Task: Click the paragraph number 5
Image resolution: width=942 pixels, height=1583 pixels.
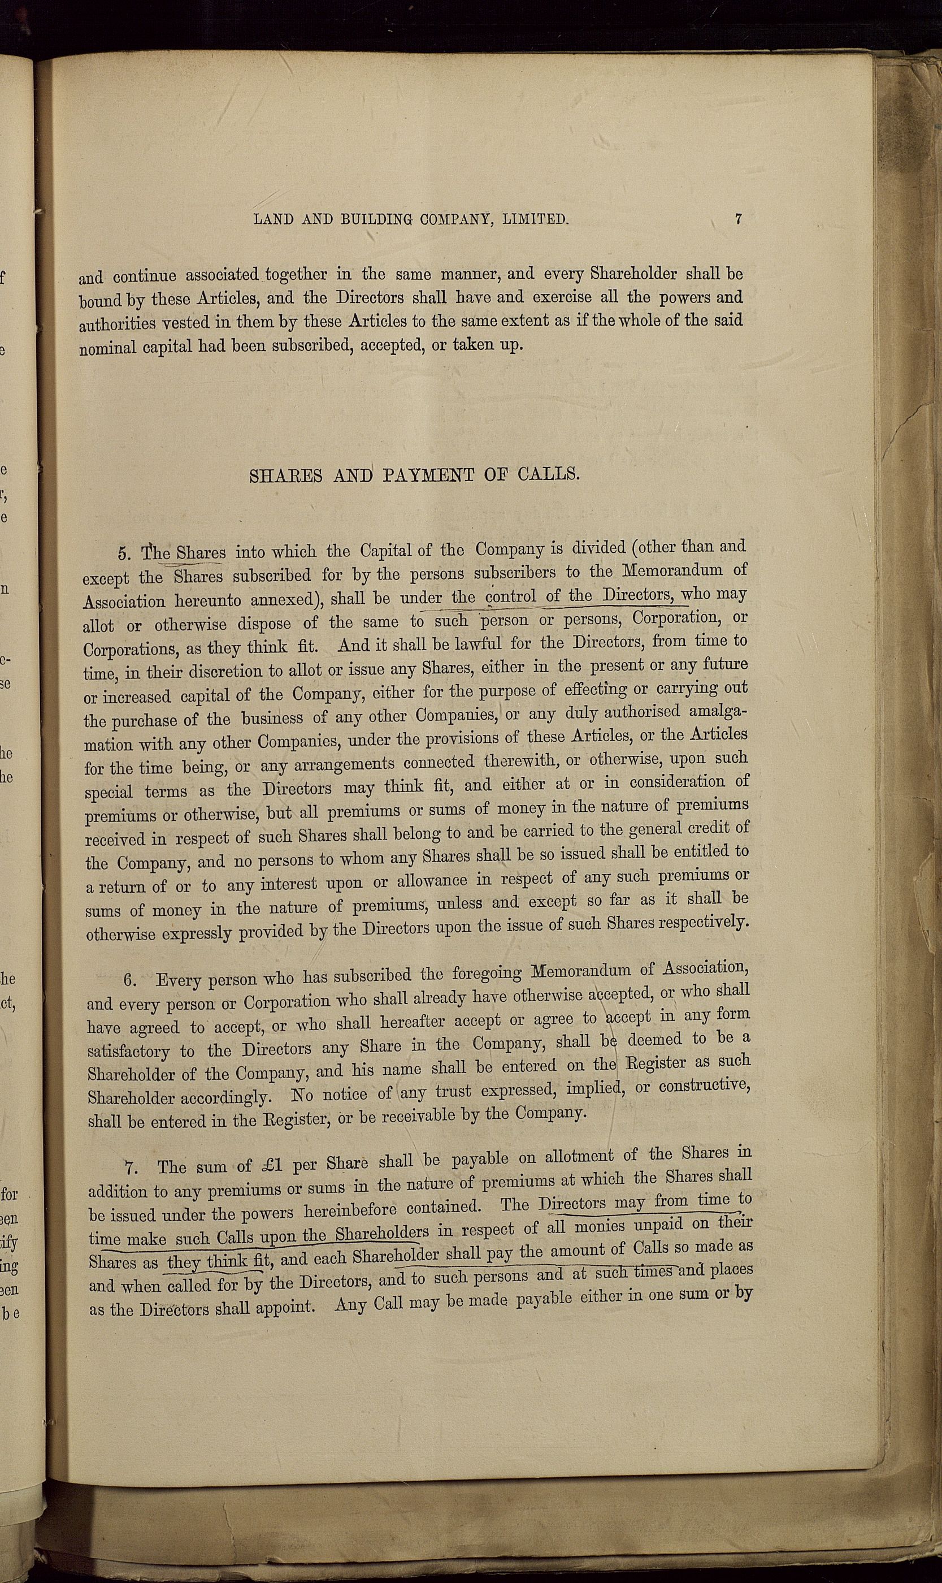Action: pyautogui.click(x=124, y=555)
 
